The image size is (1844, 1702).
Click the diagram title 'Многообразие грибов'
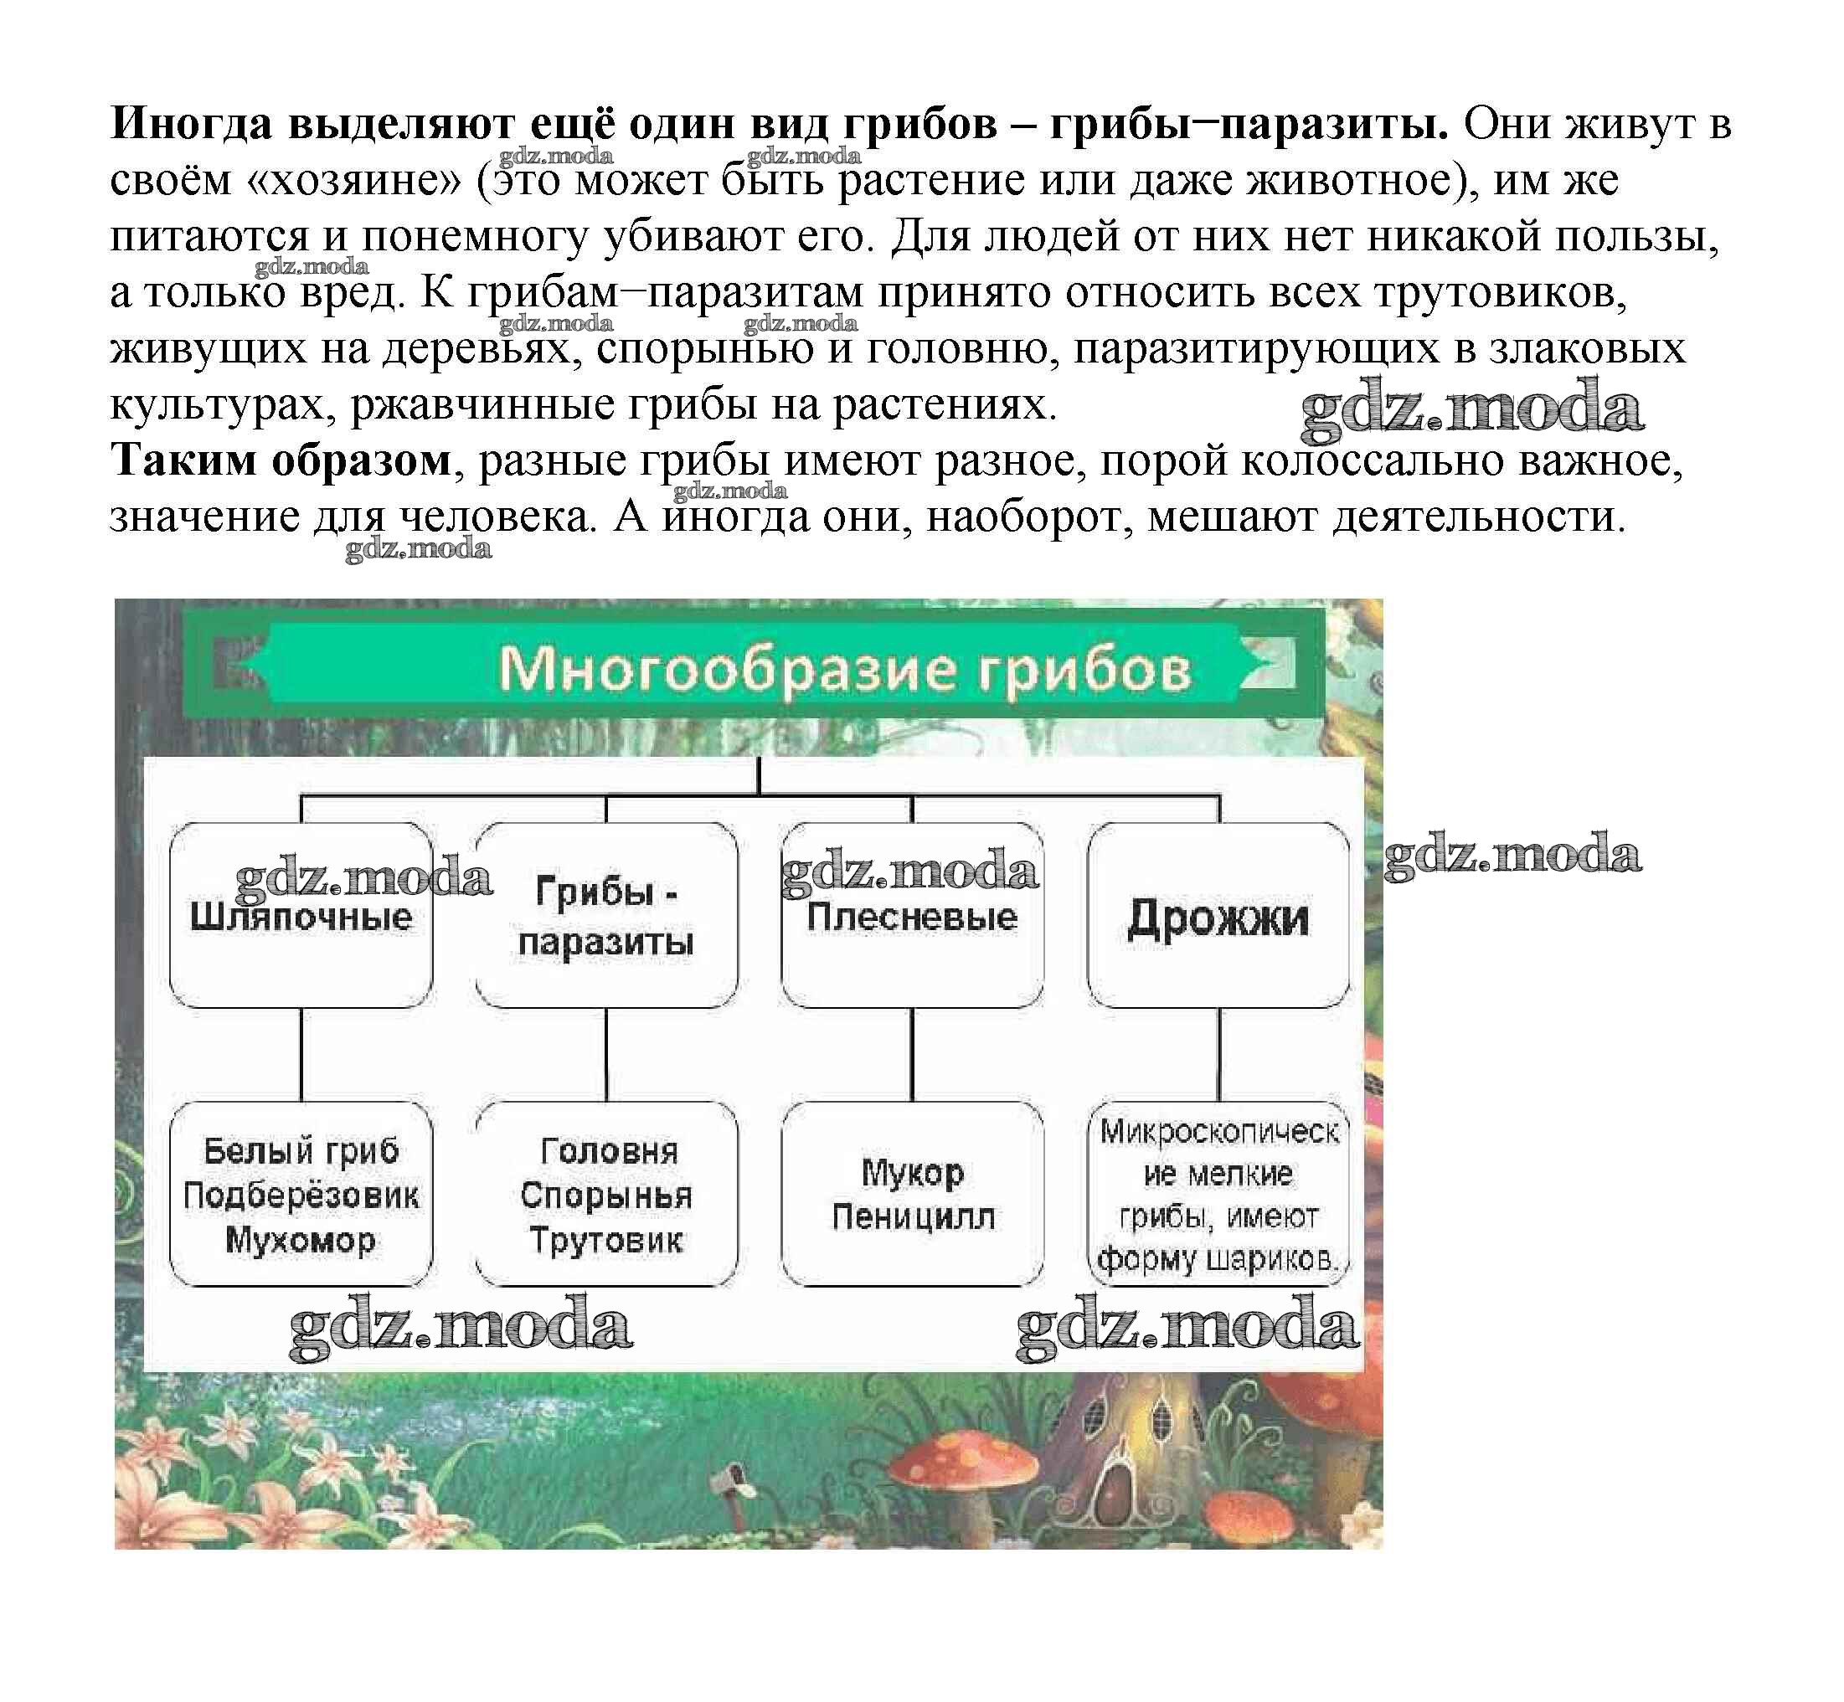click(x=844, y=670)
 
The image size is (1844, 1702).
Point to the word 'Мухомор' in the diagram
click(x=301, y=1240)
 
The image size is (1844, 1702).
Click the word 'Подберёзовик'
click(x=301, y=1196)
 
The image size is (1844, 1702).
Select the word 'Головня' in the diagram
click(x=609, y=1150)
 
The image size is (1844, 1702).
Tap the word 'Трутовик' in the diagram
click(x=606, y=1240)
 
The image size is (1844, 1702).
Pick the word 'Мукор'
click(x=913, y=1172)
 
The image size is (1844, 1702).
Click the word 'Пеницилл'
click(x=913, y=1216)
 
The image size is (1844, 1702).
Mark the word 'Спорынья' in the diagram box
click(x=606, y=1196)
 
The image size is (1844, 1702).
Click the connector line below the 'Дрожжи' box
click(x=1218, y=1055)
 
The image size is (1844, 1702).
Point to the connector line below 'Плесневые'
click(x=912, y=1055)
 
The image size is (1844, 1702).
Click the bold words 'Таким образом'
click(x=281, y=460)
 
